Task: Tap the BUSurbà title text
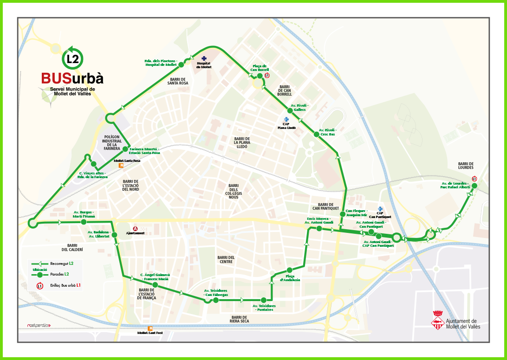point(72,77)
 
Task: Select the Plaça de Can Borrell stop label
point(260,68)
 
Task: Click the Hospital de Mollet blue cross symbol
point(203,58)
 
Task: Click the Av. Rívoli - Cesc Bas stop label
point(327,132)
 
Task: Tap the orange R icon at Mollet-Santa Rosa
point(122,166)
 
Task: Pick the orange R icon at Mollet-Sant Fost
point(150,328)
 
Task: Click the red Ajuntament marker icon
point(136,228)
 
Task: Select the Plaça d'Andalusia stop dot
point(289,270)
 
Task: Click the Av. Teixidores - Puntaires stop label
point(264,308)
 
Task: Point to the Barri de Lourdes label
point(465,166)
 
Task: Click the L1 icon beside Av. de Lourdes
point(474,179)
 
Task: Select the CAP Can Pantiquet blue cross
point(380,209)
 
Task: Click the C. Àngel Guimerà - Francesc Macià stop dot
point(156,285)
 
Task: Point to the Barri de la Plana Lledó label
point(242,142)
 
